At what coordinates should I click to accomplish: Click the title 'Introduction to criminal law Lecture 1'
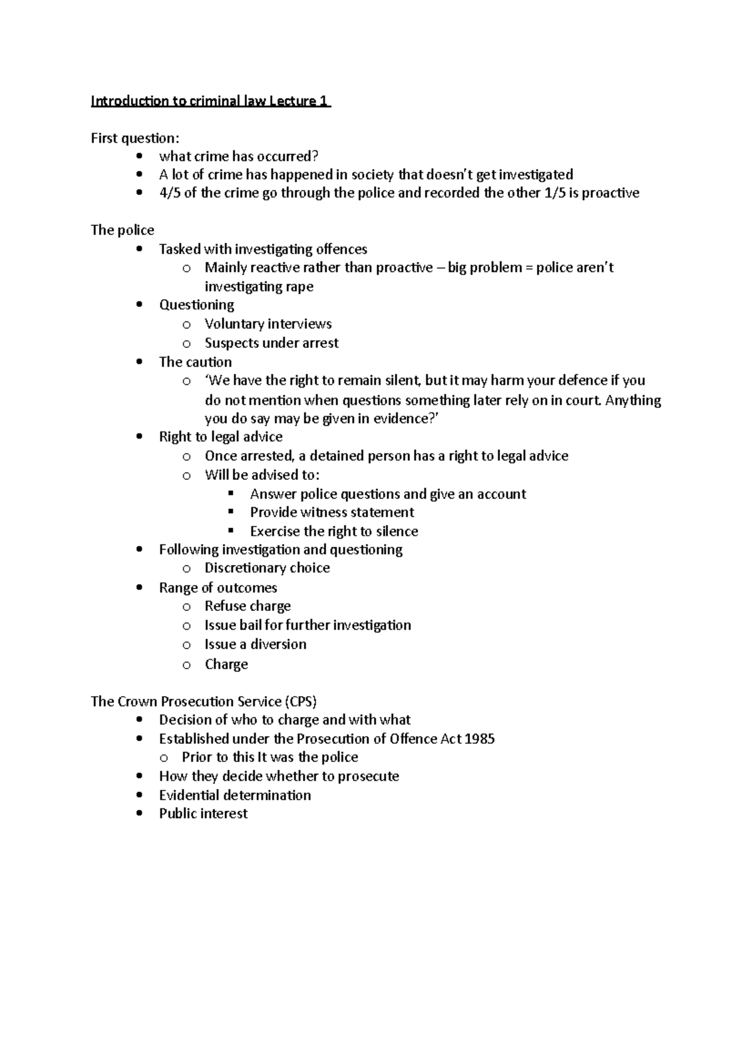pyautogui.click(x=211, y=102)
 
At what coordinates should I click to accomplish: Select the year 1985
pyautogui.click(x=480, y=739)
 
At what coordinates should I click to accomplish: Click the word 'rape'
pyautogui.click(x=300, y=287)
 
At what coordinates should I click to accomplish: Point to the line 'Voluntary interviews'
pyautogui.click(x=268, y=324)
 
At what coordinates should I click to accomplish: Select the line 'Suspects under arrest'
pyautogui.click(x=271, y=343)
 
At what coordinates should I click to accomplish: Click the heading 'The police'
pyautogui.click(x=122, y=230)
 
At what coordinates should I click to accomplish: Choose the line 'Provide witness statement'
pyautogui.click(x=332, y=513)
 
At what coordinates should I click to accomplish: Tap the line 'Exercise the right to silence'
pyautogui.click(x=333, y=531)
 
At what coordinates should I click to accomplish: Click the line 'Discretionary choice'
pyautogui.click(x=267, y=568)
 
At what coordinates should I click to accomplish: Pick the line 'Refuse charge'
pyautogui.click(x=248, y=607)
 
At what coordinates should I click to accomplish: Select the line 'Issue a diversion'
pyautogui.click(x=255, y=644)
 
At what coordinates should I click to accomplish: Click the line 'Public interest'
pyautogui.click(x=203, y=813)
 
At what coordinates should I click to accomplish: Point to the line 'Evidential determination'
pyautogui.click(x=234, y=795)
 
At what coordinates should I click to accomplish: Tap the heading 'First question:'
pyautogui.click(x=135, y=138)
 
